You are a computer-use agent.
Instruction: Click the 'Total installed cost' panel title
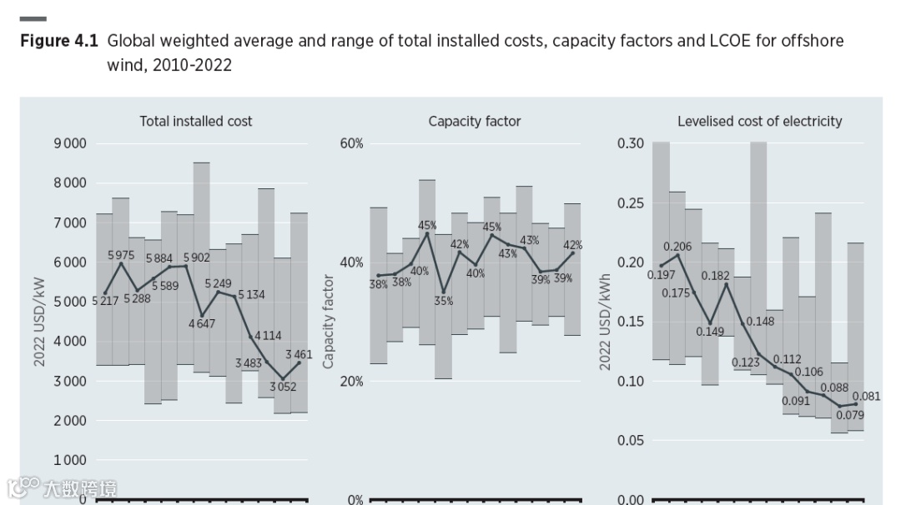(195, 121)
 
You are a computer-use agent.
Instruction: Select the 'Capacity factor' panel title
(474, 121)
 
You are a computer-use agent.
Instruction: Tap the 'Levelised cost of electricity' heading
(759, 121)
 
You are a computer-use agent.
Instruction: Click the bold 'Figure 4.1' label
(59, 40)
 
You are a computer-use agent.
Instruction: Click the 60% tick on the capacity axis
(351, 143)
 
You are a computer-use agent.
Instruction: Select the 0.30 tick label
(631, 143)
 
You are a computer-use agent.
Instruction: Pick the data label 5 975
(122, 255)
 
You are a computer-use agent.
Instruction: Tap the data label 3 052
(284, 387)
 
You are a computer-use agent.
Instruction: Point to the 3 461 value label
(298, 354)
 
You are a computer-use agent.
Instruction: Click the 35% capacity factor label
(443, 301)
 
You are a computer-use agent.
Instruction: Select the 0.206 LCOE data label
(677, 247)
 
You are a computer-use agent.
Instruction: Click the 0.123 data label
(746, 362)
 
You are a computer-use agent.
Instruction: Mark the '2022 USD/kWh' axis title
(605, 322)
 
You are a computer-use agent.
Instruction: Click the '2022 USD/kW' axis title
(39, 322)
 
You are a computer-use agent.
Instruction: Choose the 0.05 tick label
(631, 440)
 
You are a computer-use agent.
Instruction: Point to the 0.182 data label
(715, 275)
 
